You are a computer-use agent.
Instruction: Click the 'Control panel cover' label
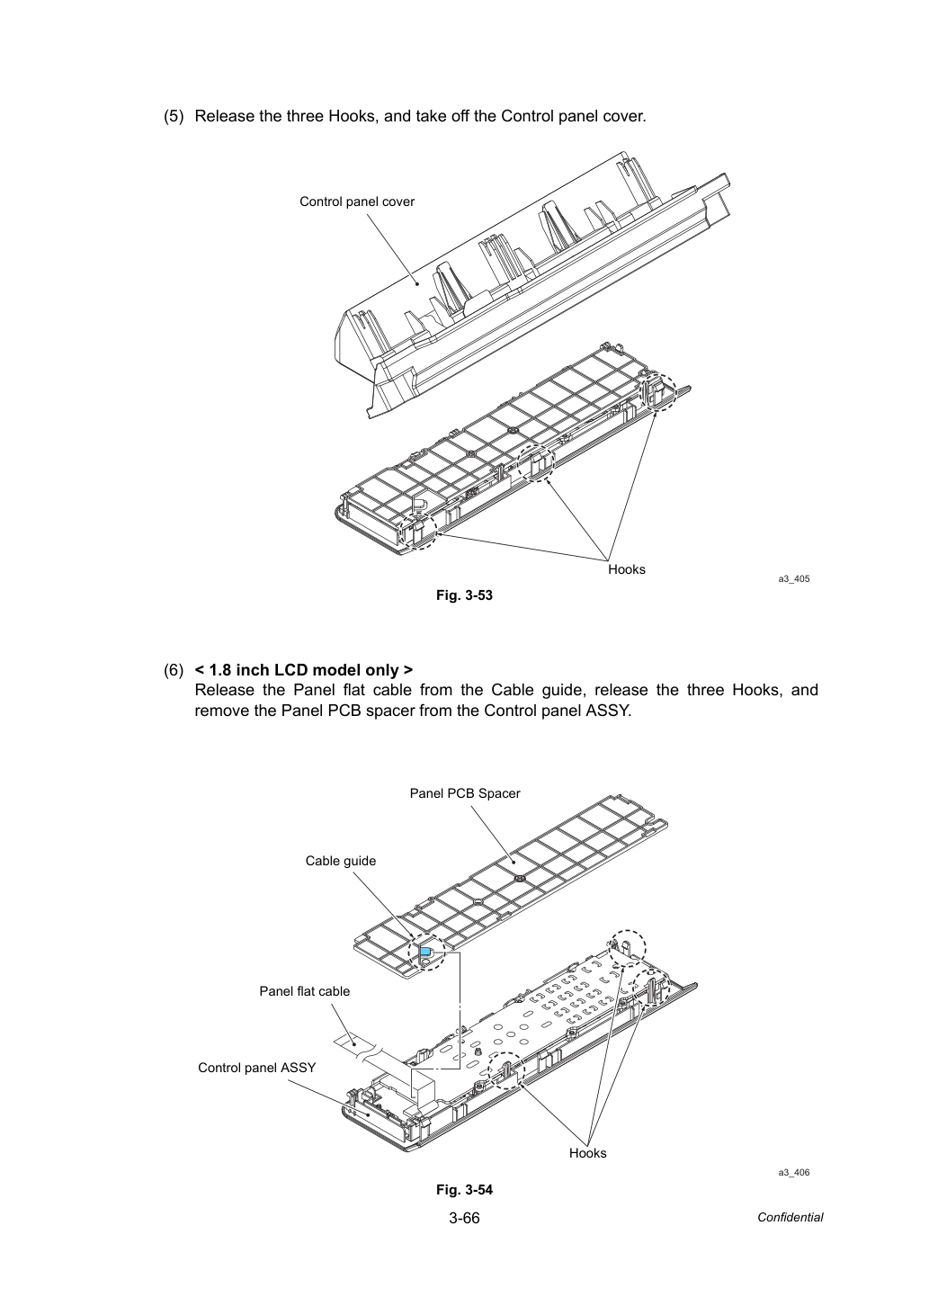[x=357, y=201]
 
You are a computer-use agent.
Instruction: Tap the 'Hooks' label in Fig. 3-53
[x=626, y=569]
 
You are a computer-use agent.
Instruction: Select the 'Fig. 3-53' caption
[x=464, y=595]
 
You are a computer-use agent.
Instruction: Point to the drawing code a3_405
[x=793, y=579]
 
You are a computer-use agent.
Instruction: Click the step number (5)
[x=174, y=116]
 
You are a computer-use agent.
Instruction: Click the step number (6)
[x=174, y=670]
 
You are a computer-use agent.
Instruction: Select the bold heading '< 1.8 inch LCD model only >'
[x=303, y=670]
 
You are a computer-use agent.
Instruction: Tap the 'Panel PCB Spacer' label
[x=465, y=793]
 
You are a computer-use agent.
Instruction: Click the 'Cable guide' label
[x=340, y=861]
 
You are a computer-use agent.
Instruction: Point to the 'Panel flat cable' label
[x=305, y=991]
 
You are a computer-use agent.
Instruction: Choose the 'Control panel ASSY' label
[x=257, y=1068]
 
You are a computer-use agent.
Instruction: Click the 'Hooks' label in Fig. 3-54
[x=587, y=1153]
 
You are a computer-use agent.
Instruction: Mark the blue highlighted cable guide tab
[x=424, y=951]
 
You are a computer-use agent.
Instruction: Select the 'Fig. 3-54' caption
[x=464, y=1189]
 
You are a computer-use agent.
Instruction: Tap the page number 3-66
[x=464, y=1218]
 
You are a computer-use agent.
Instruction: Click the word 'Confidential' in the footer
[x=790, y=1218]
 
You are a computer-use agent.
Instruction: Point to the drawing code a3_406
[x=793, y=1172]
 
